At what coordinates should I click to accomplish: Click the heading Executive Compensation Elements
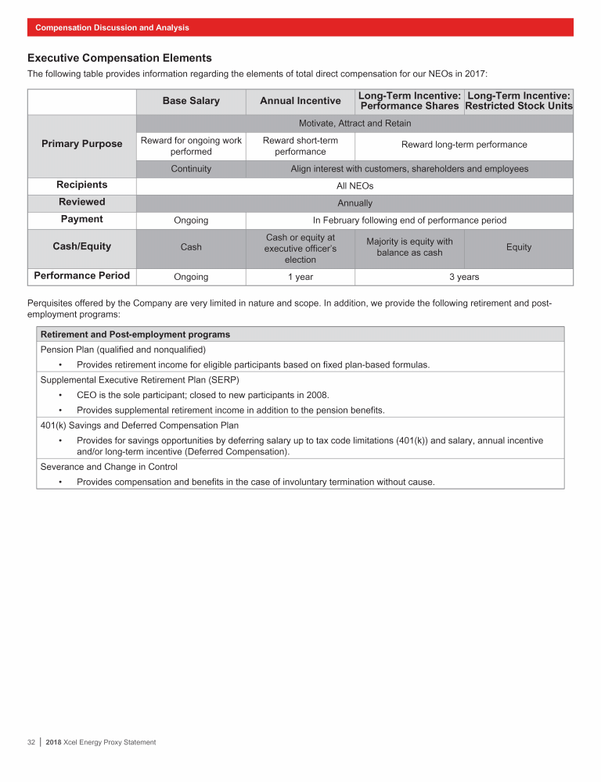pos(120,58)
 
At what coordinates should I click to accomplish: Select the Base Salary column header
pos(191,101)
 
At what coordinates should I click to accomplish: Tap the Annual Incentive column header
pos(300,101)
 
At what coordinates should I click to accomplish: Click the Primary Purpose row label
pos(82,144)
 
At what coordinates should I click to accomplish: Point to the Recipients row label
pos(82,185)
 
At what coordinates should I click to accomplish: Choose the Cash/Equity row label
pos(82,246)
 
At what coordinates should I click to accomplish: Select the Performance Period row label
pos(82,276)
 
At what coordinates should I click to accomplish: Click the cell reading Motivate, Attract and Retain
pos(354,124)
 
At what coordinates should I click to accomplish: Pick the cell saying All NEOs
pos(354,186)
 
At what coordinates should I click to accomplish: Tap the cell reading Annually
pos(354,203)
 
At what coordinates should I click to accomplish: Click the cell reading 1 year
pos(300,277)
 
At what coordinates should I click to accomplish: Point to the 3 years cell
pos(464,277)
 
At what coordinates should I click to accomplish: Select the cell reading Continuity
pos(191,169)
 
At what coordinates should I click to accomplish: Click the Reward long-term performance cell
pos(464,145)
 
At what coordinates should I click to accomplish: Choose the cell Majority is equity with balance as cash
pos(409,247)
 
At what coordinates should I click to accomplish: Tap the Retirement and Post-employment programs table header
pos(135,335)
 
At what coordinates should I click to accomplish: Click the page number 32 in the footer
pos(31,742)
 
